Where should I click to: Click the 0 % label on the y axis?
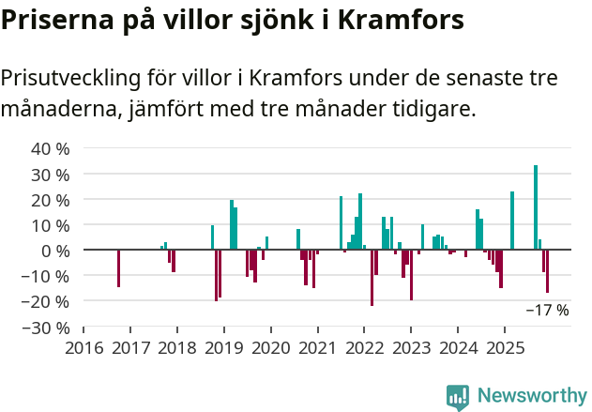point(55,251)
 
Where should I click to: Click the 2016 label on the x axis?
point(83,348)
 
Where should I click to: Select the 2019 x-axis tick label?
point(224,348)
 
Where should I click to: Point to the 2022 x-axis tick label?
point(365,348)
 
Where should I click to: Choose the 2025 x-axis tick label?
point(505,348)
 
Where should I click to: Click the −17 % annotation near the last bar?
point(547,310)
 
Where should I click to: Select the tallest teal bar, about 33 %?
point(536,207)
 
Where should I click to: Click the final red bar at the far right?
point(548,271)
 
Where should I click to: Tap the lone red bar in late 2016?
point(118,268)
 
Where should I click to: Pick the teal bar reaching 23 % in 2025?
point(512,221)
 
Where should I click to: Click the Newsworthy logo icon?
point(458,397)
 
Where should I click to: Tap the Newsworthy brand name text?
point(531,396)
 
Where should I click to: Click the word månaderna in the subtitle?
point(55,109)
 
